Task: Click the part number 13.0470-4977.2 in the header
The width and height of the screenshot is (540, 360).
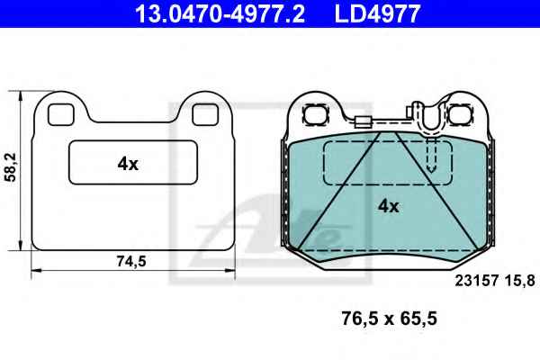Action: pos(220,13)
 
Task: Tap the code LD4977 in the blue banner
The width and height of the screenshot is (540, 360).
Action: pos(377,13)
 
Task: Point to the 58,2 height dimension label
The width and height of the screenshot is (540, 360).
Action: pos(11,167)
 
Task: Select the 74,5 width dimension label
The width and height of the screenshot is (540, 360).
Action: pos(131,261)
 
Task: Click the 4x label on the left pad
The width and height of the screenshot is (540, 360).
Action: pos(128,164)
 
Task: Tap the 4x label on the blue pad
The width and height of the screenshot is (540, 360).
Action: pos(389,206)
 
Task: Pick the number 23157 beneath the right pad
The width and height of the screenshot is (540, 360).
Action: pos(477,281)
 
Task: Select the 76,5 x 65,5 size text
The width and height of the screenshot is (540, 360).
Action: pos(389,319)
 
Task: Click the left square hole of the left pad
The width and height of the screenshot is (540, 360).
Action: pos(61,114)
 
